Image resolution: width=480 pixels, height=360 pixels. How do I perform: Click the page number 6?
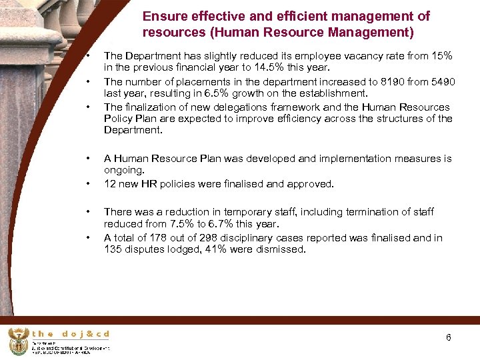pos(449,337)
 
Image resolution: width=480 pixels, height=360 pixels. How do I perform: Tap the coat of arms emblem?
pos(19,341)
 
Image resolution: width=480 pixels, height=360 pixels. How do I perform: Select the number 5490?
pos(441,81)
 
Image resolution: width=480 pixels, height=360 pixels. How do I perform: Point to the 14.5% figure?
pos(291,67)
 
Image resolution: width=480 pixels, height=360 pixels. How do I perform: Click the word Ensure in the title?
pos(163,16)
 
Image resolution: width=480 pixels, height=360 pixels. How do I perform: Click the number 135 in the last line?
pos(114,250)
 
